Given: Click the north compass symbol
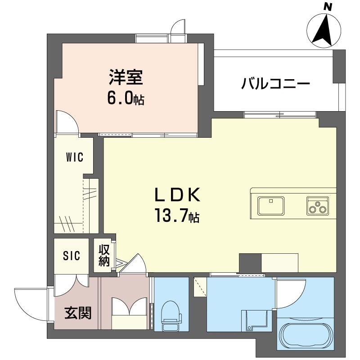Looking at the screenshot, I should coord(325,28).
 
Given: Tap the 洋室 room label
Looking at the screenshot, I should coord(126,78).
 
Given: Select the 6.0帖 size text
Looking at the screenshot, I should coord(125,99).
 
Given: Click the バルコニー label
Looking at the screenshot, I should coord(275,84).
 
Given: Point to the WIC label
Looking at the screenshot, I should coord(74,157).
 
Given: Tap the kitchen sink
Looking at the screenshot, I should coord(271,206).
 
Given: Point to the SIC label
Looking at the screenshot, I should coord(72,256).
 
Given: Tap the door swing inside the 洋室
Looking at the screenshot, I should coord(67,121).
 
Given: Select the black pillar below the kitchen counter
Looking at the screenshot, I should coord(250,263).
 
